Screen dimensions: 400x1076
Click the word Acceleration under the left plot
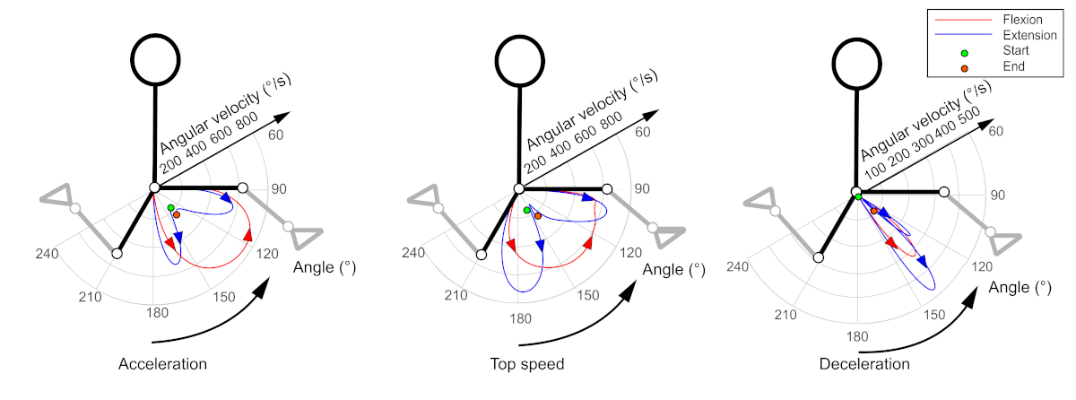(162, 364)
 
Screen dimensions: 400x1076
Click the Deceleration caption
(863, 364)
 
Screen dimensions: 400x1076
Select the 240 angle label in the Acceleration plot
(47, 254)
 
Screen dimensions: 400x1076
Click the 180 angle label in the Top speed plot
(519, 317)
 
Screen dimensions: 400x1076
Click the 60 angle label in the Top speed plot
(643, 133)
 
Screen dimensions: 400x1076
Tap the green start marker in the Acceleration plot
(170, 208)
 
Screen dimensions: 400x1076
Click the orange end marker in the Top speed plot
(537, 215)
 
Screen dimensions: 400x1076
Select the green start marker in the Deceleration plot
(858, 196)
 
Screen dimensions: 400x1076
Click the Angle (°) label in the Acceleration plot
(325, 267)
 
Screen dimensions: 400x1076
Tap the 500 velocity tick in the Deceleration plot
(968, 117)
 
